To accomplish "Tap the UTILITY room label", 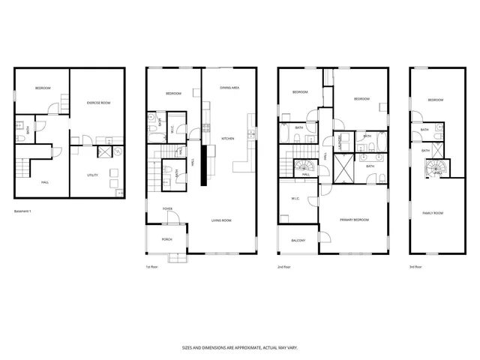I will click(93, 175).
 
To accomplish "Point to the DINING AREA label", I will click(229, 88).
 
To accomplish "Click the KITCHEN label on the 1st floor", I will click(228, 139).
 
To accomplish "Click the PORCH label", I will click(167, 239).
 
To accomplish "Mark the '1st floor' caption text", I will click(152, 266).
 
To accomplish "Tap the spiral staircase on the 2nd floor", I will click(306, 166).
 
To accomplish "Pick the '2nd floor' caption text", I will click(284, 266).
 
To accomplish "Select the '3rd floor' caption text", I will click(415, 266).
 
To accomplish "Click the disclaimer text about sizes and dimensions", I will click(238, 347).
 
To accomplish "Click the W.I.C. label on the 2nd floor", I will click(295, 199).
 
